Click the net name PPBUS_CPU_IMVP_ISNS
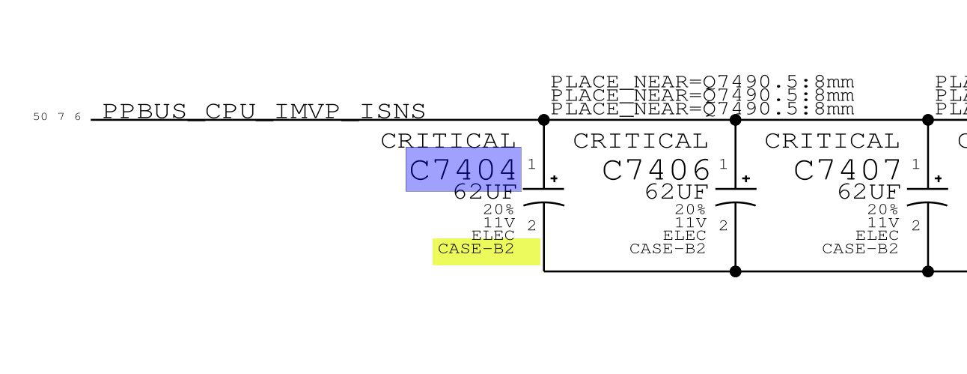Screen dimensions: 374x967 click(263, 112)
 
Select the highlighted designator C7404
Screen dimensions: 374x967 click(463, 170)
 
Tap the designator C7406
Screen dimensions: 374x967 click(656, 170)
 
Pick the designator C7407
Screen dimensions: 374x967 click(848, 170)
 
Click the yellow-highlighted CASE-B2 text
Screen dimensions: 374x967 click(477, 250)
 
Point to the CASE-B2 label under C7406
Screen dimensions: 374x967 click(668, 250)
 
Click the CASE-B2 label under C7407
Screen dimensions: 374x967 click(860, 250)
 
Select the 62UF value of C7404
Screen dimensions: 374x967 click(485, 193)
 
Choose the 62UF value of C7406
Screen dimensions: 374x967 click(677, 193)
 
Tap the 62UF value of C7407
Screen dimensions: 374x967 click(869, 193)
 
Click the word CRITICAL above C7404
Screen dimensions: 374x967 click(449, 141)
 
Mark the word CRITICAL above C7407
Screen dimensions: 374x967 click(832, 141)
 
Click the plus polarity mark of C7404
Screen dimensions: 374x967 click(554, 179)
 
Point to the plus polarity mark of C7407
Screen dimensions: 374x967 click(938, 179)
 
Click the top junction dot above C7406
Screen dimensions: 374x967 click(735, 120)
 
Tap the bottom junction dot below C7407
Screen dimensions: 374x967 click(928, 271)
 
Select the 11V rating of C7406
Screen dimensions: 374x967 click(691, 223)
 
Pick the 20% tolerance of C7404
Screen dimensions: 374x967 click(498, 210)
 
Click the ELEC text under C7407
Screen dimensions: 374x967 click(876, 236)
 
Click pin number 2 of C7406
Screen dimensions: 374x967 click(723, 226)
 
